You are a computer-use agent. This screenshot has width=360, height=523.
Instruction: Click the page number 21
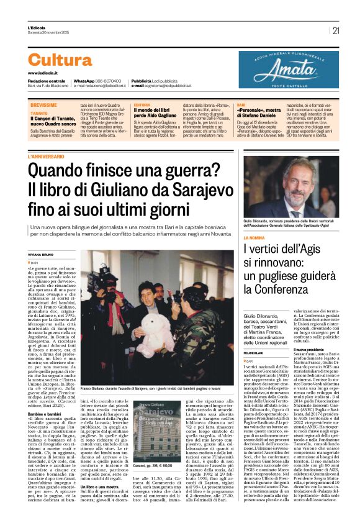[x=336, y=30]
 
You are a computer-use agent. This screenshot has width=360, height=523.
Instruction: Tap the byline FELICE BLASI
[x=254, y=352]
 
